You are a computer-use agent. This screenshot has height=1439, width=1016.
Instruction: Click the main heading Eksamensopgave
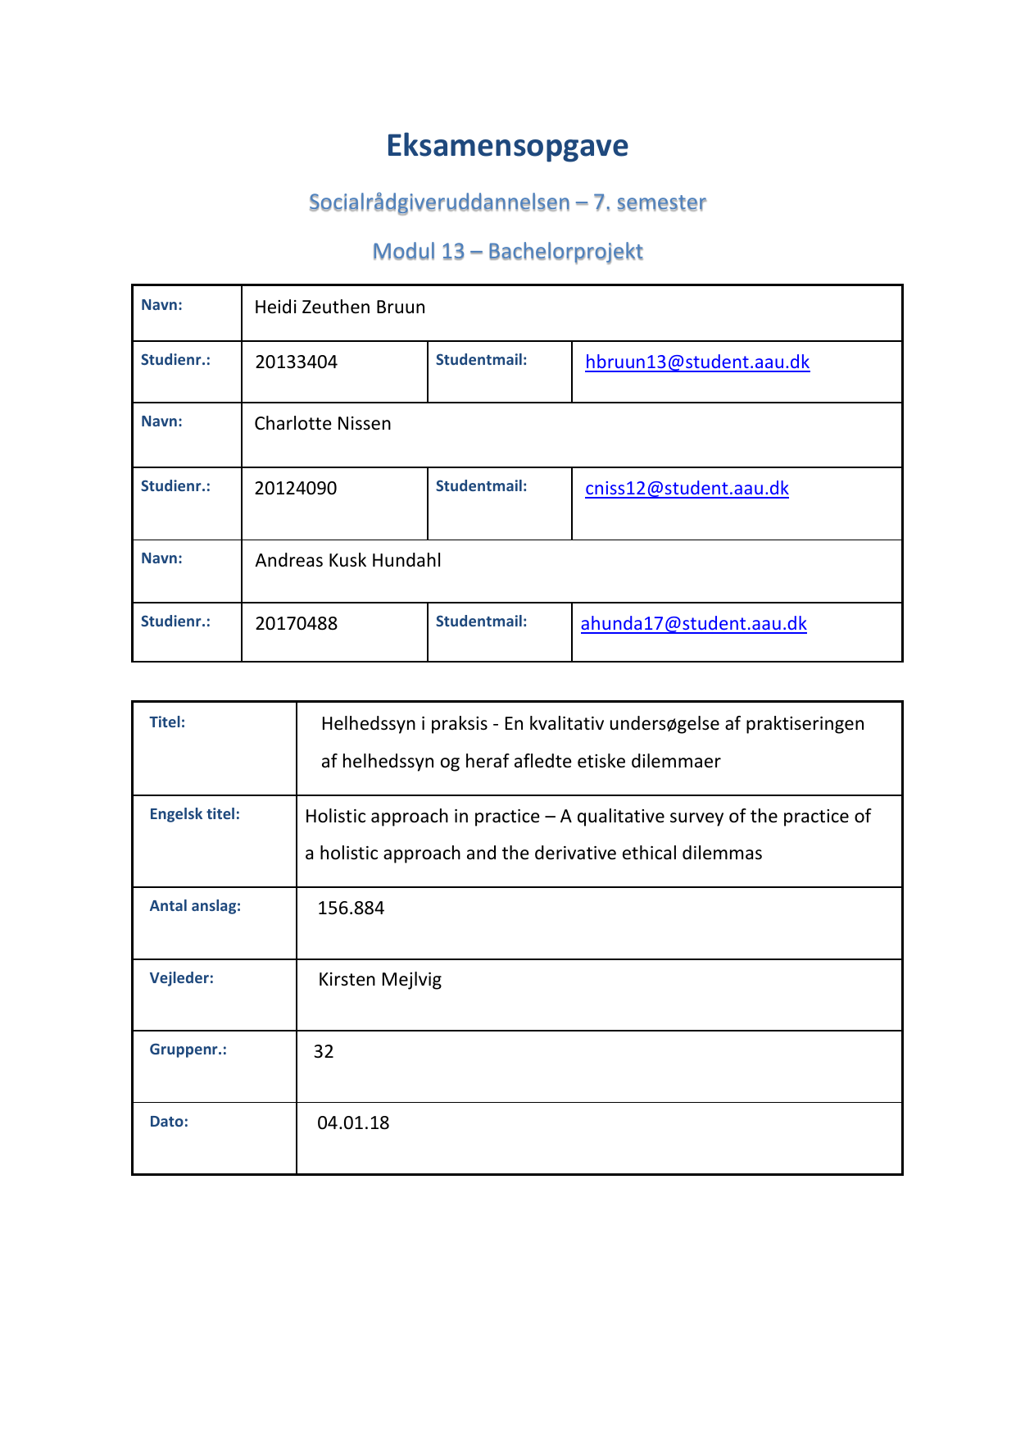(507, 146)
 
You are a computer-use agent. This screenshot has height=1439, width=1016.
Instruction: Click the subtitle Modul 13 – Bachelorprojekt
(507, 252)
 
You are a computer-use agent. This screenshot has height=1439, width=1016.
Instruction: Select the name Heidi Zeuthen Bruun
(339, 307)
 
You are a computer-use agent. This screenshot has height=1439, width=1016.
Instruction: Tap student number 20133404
(296, 362)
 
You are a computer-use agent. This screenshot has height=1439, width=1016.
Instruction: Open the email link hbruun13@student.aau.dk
(697, 362)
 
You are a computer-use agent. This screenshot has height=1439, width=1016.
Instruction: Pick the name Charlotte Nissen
(322, 424)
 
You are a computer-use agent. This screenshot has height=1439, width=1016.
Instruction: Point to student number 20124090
(295, 489)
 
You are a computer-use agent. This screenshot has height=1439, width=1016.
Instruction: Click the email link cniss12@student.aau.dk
(687, 489)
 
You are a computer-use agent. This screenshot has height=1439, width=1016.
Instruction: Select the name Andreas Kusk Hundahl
(347, 561)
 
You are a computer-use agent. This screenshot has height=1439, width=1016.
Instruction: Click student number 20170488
(296, 624)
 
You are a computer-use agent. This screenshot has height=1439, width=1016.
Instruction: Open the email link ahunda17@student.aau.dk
(693, 624)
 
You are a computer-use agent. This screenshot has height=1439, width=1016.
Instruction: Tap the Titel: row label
(167, 722)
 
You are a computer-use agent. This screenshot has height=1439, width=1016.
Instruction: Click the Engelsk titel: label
(194, 814)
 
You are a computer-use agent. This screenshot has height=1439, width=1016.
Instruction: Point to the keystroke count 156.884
(351, 908)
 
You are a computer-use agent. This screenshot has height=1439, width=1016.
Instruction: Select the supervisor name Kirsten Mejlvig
(379, 980)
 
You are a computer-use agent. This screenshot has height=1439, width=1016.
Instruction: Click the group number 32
(324, 1052)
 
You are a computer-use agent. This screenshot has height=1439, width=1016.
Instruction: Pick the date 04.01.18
(353, 1123)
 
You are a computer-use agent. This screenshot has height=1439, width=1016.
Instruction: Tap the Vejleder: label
(181, 978)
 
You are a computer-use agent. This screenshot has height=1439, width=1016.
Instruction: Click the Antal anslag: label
(195, 906)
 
